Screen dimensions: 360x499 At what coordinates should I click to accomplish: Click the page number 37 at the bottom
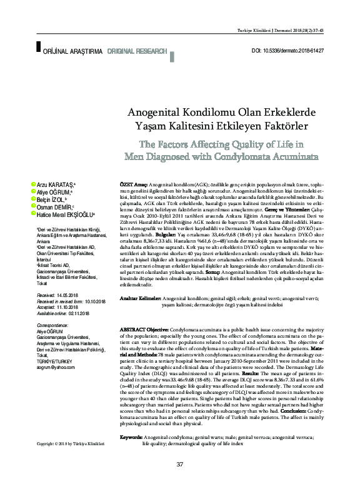tap(180, 481)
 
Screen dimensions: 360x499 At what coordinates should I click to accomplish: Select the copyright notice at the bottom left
tap(70, 461)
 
